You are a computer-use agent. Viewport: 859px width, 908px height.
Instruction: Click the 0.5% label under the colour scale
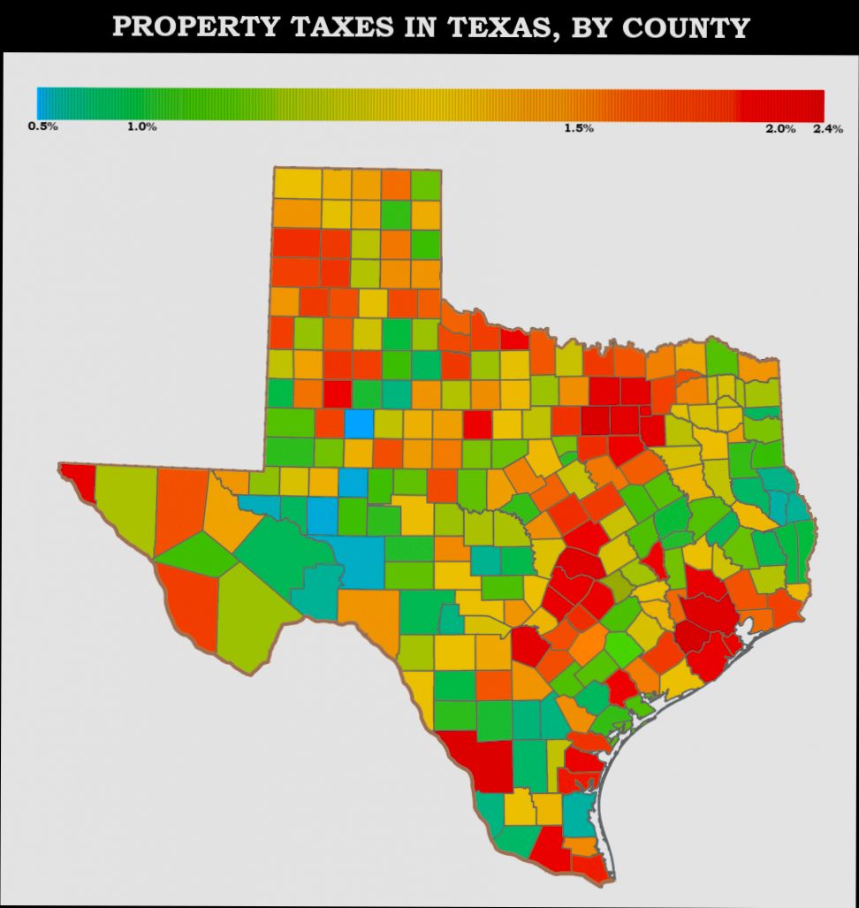[42, 126]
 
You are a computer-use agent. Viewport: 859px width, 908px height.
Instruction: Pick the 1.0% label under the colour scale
[141, 126]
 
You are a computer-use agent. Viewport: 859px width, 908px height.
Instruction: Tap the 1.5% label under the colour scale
[579, 128]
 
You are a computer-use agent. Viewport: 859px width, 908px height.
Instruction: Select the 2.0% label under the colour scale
[780, 128]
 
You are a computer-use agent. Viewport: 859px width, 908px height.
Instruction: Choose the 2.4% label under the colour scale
[828, 128]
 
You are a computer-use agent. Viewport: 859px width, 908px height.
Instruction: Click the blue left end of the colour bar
[42, 104]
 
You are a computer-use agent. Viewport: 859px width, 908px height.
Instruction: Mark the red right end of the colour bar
[817, 104]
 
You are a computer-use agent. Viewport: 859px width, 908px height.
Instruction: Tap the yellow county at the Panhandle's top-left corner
[297, 183]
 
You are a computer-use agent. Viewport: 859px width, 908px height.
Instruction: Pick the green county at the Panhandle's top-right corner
[426, 184]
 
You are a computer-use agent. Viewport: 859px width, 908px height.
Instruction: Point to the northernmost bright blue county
[359, 423]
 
